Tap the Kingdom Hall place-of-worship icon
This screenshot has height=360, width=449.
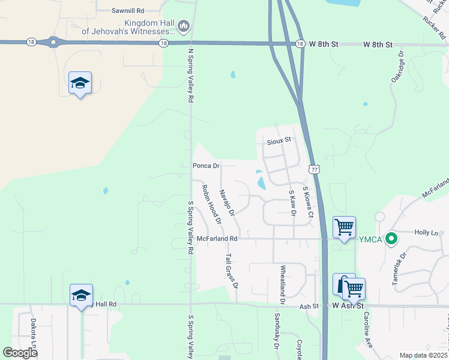[184, 26]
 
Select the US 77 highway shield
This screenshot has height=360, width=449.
[313, 169]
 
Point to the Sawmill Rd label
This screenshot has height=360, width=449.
[128, 11]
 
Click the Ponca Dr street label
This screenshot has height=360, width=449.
[206, 166]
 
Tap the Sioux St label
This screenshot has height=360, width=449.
[279, 140]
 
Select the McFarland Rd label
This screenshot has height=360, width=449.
[217, 239]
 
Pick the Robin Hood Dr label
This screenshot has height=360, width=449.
[211, 201]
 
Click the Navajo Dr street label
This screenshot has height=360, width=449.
[226, 202]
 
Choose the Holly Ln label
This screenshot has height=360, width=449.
[426, 232]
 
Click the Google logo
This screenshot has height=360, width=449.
[20, 352]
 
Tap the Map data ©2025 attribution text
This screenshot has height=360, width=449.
[423, 355]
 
